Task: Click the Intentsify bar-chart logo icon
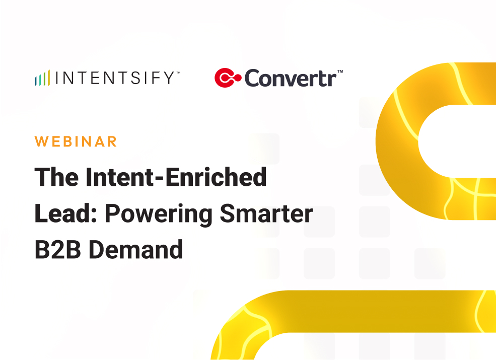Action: (x=42, y=79)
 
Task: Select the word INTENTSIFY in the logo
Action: (x=114, y=79)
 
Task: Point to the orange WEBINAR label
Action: (x=76, y=141)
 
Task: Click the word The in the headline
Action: (x=55, y=177)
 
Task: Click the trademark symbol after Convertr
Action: (x=340, y=72)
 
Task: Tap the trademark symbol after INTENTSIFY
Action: (x=177, y=74)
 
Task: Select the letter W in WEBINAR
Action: (x=42, y=141)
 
